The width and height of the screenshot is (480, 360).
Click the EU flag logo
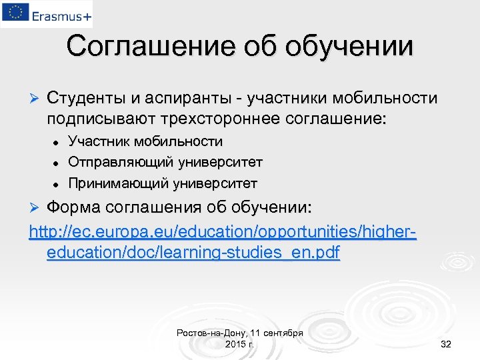click(x=15, y=13)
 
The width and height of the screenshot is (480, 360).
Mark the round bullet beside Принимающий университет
click(x=57, y=183)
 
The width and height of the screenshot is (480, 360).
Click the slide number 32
click(x=446, y=344)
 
